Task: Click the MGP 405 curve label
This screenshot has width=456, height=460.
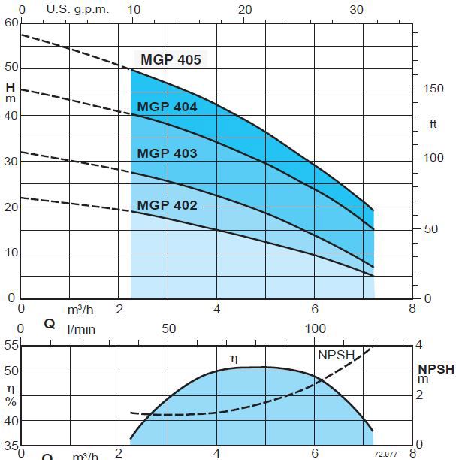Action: tap(171, 60)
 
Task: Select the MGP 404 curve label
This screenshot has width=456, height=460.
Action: tap(167, 107)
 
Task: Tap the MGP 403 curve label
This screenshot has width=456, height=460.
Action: tap(167, 154)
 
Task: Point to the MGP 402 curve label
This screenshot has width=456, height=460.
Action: tap(167, 206)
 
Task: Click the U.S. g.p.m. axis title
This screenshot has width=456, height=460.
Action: tap(77, 9)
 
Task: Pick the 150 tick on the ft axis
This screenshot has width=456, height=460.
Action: tap(433, 89)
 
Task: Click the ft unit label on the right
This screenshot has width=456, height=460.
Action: tap(433, 124)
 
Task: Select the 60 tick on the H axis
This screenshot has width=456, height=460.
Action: tap(11, 23)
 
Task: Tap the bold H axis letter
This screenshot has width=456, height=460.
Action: tap(10, 86)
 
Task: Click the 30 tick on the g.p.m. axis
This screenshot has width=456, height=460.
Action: tap(356, 9)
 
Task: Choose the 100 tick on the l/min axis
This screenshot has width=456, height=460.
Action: tap(316, 329)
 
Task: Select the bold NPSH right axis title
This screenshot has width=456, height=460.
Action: tap(436, 369)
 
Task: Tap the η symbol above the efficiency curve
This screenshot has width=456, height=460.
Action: tap(234, 359)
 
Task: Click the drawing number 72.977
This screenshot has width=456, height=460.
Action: tap(385, 454)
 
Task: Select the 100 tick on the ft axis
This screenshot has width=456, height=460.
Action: tap(433, 158)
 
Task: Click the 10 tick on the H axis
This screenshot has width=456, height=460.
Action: tap(11, 253)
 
